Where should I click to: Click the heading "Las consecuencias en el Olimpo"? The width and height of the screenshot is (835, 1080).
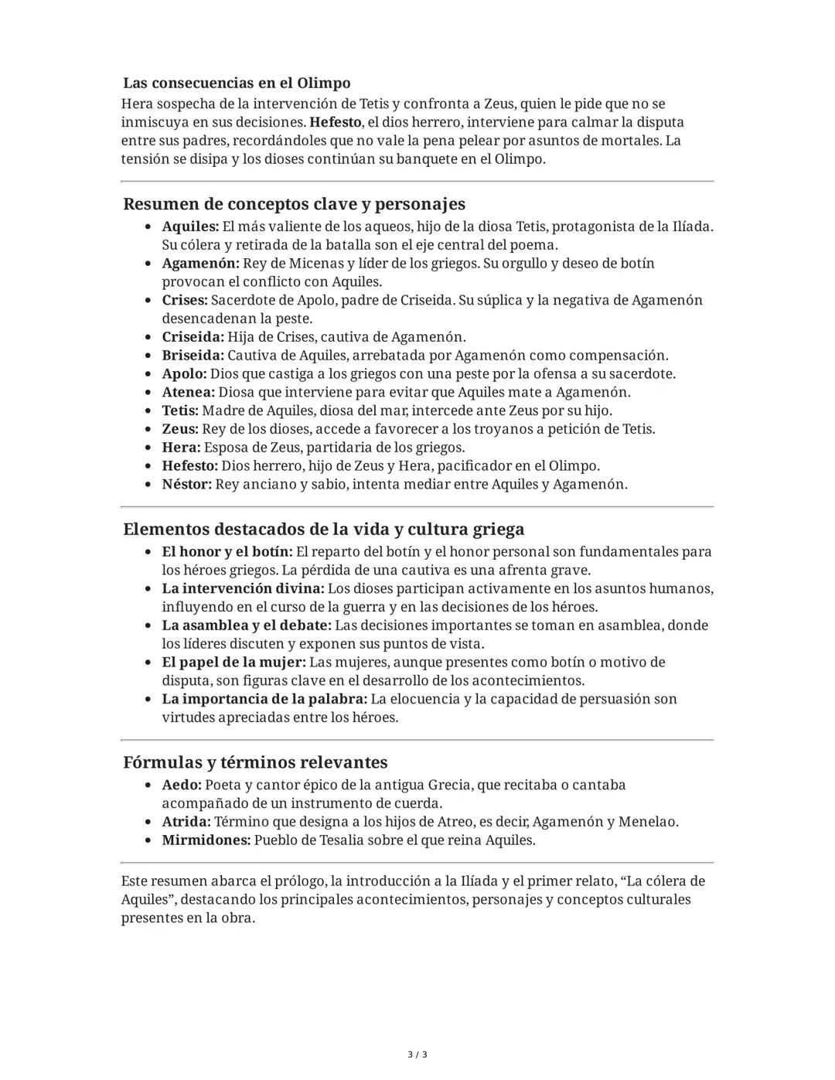click(x=237, y=83)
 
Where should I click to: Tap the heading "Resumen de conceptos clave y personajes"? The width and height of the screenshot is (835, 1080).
click(x=294, y=204)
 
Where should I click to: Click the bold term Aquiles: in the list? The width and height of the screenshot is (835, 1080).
click(x=190, y=227)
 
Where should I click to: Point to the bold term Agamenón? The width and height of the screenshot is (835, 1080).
click(x=200, y=264)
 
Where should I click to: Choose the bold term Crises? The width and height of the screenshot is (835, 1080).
click(x=185, y=300)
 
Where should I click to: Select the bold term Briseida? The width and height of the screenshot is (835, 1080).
click(x=193, y=356)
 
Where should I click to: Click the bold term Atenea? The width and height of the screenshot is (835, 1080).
click(x=189, y=392)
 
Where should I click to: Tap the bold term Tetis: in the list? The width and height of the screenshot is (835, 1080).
click(x=180, y=411)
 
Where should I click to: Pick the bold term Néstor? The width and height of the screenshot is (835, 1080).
click(x=186, y=485)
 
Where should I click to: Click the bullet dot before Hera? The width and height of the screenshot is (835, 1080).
click(x=149, y=448)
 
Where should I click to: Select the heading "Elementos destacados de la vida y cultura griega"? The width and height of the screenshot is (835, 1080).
click(x=323, y=530)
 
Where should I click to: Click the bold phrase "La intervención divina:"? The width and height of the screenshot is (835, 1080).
click(x=243, y=589)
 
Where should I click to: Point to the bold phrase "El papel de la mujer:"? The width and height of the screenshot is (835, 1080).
click(x=233, y=663)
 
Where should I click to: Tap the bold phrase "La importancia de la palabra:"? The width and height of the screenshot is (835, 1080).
click(x=264, y=699)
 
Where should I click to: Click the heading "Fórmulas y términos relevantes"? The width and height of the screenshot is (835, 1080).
click(x=255, y=762)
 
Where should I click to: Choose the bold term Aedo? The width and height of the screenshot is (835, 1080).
click(x=182, y=785)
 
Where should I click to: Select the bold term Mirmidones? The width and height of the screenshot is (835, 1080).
click(x=206, y=840)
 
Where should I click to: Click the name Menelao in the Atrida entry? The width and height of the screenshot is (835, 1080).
click(x=648, y=822)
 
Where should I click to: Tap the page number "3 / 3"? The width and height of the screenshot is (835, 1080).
click(x=417, y=1054)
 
